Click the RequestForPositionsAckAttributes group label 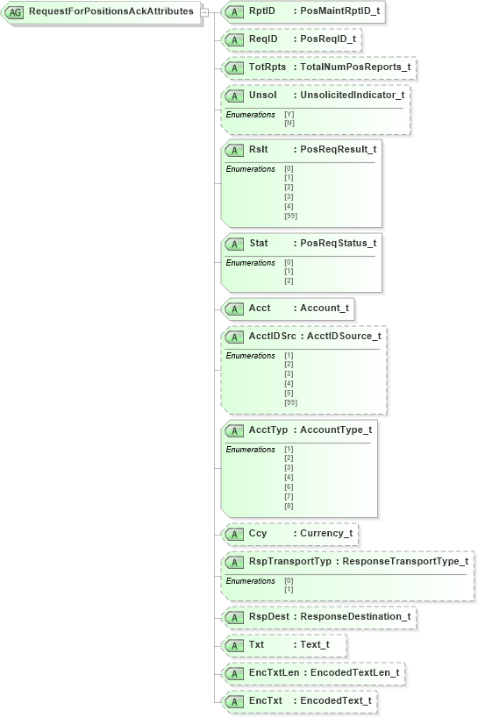(x=111, y=11)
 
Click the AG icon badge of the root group (x=16, y=12)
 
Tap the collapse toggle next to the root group (x=203, y=12)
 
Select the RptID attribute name (x=261, y=11)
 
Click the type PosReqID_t (x=328, y=39)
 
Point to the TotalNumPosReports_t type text (x=354, y=67)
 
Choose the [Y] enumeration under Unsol (x=289, y=115)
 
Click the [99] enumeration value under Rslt (x=290, y=216)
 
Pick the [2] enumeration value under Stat (x=289, y=280)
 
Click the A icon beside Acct (x=233, y=309)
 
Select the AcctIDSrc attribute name (x=272, y=337)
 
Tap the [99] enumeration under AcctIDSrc (x=290, y=402)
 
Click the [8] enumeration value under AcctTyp (x=289, y=506)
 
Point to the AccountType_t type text (x=336, y=429)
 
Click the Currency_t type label (x=326, y=533)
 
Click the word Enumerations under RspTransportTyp (x=250, y=580)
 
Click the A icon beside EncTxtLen (x=233, y=673)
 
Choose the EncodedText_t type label (x=336, y=701)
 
